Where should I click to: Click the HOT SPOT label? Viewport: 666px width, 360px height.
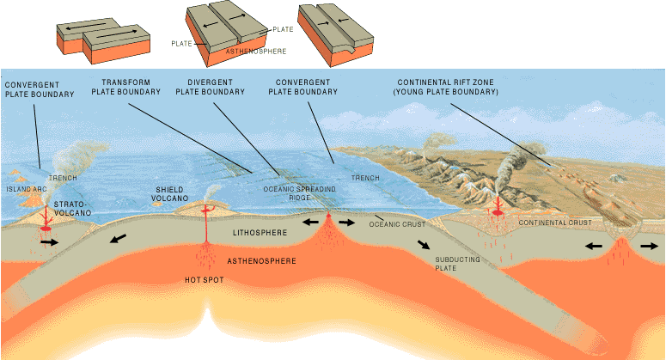coord(205,280)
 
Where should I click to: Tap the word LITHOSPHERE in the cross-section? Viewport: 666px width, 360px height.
coord(260,233)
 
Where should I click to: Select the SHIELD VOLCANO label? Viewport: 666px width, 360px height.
coord(170,194)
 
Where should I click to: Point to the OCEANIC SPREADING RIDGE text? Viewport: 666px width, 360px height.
coord(299,193)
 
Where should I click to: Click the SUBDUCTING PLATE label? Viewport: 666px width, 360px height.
coord(457,264)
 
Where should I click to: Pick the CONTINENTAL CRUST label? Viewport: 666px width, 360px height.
coord(555,223)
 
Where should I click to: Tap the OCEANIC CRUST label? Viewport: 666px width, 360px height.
coord(397,224)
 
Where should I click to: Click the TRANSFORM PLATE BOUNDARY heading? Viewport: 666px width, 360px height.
coord(126,87)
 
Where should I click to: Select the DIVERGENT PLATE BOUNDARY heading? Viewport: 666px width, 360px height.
coord(211,87)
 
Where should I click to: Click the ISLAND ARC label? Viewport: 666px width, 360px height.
coord(27,189)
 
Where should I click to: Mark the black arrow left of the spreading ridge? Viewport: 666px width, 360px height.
coord(310,222)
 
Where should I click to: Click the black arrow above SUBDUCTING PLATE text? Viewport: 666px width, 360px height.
coord(423,245)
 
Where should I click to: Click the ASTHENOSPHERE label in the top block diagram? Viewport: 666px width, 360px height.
coord(256,52)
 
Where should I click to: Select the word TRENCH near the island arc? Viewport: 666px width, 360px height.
coord(63,178)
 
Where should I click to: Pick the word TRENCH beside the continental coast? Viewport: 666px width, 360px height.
coord(365,178)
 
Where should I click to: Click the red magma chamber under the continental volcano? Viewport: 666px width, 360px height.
coord(497,212)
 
